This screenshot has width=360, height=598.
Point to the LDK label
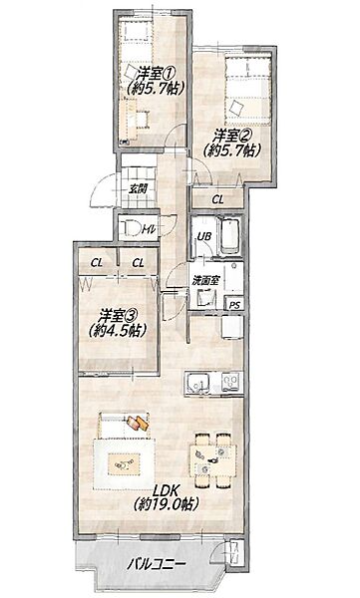point(165,489)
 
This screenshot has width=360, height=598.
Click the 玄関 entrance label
point(137,188)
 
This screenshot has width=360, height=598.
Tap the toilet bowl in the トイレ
point(130,228)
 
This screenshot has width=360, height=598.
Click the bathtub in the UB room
point(230,234)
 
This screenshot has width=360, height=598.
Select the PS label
point(235,305)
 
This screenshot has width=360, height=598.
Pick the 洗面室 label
point(205,281)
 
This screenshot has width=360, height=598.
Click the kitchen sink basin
point(198,384)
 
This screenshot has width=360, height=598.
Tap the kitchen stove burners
point(231,383)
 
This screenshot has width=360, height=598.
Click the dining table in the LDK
point(213,460)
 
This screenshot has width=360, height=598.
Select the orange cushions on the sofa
point(137,423)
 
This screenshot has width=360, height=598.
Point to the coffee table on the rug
point(124,463)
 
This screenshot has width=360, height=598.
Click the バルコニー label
point(157,564)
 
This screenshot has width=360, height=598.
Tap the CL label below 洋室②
point(217,199)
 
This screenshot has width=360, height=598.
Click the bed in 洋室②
point(247,91)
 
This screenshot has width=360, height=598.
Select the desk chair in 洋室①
point(142,119)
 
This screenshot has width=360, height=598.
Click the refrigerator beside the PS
point(231,327)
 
